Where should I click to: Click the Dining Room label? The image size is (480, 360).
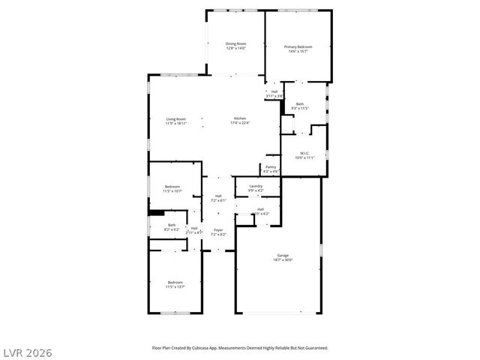click(x=236, y=43)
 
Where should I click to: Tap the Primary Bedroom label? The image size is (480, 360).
click(x=298, y=46)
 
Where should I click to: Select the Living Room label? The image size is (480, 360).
click(x=176, y=118)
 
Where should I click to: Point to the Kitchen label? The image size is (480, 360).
click(x=240, y=118)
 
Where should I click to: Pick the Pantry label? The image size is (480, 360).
click(x=271, y=167)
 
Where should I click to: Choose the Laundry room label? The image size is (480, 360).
click(x=256, y=186)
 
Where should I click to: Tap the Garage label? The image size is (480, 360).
click(x=283, y=255)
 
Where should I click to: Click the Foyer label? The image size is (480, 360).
click(x=218, y=230)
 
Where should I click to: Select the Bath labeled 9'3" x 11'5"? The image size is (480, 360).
click(x=300, y=104)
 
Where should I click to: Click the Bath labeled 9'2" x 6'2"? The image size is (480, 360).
click(x=172, y=225)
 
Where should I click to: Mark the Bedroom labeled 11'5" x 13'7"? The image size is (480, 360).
click(x=175, y=282)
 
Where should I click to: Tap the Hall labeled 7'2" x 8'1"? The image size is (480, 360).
click(x=218, y=196)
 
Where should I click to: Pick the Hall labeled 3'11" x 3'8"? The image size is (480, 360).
click(x=274, y=91)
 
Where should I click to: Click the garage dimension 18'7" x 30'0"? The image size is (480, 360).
click(x=283, y=259)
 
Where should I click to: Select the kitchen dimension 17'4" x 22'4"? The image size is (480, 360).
click(x=240, y=123)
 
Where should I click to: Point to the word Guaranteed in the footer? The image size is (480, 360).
click(x=313, y=348)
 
